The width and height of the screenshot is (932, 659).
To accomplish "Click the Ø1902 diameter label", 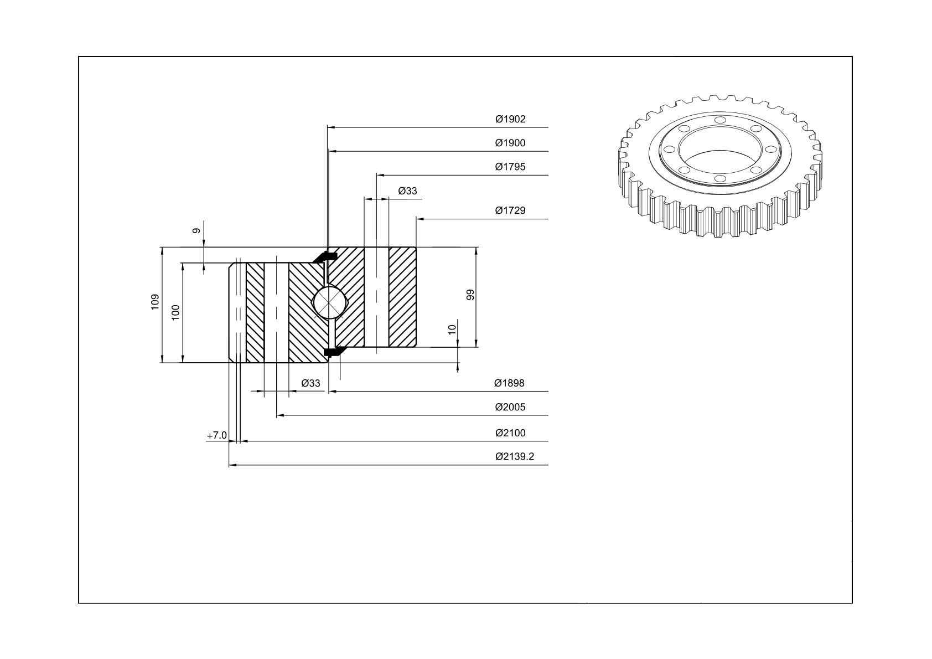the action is [510, 119].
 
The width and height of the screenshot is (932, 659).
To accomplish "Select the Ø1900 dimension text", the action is [510, 143].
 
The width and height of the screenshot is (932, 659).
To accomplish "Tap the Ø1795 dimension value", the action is [510, 167].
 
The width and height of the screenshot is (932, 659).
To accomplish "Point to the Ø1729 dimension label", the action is [510, 210].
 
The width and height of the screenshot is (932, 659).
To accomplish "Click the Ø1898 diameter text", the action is [509, 383].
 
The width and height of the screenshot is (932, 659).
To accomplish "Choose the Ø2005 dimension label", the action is [510, 406].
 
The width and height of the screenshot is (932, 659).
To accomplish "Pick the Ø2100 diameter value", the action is [510, 433].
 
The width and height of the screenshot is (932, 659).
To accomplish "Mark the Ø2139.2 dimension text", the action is [514, 456].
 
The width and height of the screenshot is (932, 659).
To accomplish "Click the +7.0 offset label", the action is [217, 435].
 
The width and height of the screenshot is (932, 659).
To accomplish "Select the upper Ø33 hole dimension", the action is [407, 191].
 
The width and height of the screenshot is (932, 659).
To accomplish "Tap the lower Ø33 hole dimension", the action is [311, 383].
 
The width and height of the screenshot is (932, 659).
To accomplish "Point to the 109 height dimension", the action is [155, 302].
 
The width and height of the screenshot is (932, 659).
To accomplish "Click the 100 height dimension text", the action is [175, 312].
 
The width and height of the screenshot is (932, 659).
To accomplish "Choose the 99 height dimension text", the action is [470, 295].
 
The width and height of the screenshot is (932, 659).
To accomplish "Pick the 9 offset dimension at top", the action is [196, 230].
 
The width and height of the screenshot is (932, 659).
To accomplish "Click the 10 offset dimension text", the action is [452, 329].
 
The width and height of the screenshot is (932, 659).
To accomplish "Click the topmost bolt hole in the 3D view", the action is [720, 120].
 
